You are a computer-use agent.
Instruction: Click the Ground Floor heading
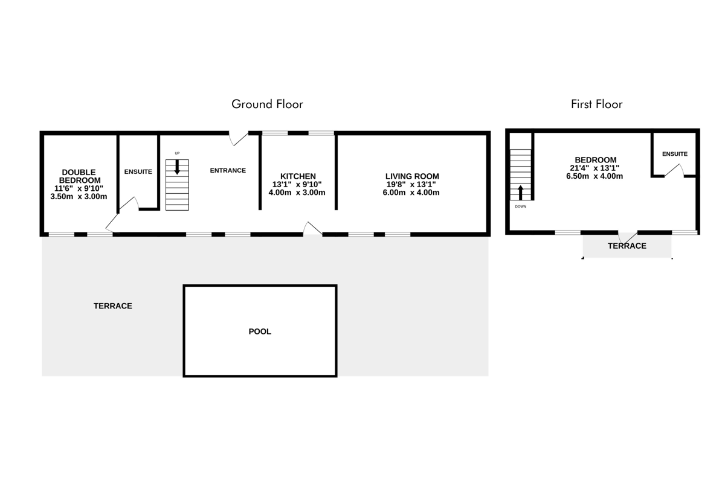point(267,104)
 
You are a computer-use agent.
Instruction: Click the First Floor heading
point(596,104)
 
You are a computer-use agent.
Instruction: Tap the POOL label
point(260,331)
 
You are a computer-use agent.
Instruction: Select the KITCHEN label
point(298,176)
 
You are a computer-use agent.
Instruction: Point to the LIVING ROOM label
point(412,176)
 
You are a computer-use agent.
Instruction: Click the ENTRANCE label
point(228,170)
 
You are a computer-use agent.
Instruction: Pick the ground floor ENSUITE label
point(138,171)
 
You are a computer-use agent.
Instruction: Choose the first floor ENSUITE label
point(675,154)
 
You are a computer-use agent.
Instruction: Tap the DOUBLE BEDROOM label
point(79,176)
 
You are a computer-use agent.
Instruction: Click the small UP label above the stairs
point(177,153)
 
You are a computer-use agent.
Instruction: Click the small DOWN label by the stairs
point(520,206)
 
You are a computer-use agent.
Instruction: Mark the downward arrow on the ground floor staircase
point(177,167)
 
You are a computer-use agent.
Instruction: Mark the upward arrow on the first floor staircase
point(520,193)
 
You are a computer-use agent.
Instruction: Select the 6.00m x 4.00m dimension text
point(411,193)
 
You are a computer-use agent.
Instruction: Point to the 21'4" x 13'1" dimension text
point(594,168)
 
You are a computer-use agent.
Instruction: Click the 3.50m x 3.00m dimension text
point(79,196)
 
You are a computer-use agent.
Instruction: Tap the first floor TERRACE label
point(627,246)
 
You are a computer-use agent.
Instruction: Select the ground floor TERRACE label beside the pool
point(112,305)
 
